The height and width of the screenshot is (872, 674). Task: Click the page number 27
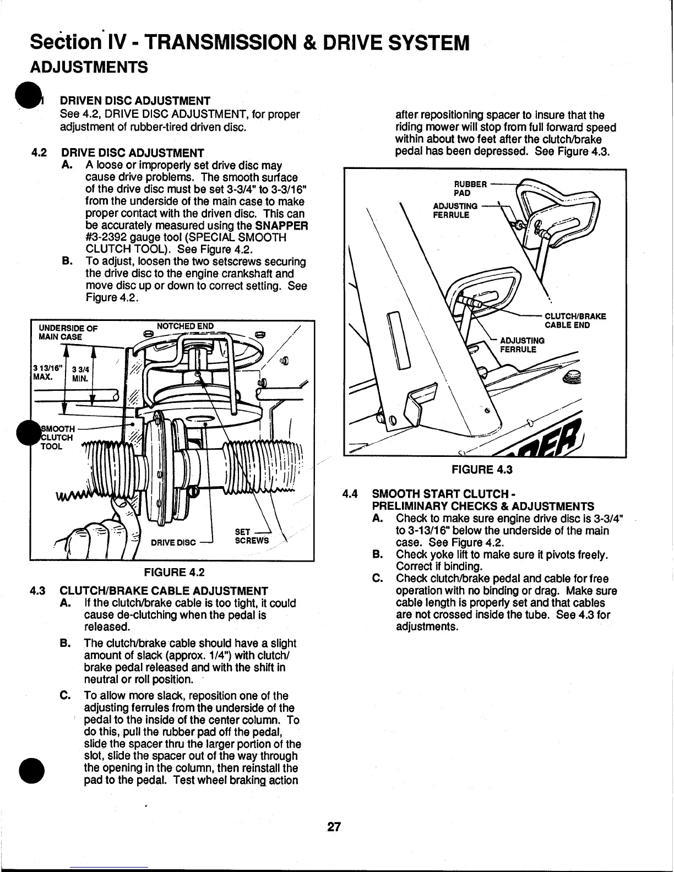(334, 827)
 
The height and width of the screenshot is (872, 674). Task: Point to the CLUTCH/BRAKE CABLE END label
(575, 320)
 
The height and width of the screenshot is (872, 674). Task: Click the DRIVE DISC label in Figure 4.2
(173, 542)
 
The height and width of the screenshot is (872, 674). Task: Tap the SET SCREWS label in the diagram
(251, 536)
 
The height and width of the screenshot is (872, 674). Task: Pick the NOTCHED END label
(185, 326)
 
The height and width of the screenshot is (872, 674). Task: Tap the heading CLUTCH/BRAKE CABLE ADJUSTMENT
(164, 591)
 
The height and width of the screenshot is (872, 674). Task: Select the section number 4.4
(351, 494)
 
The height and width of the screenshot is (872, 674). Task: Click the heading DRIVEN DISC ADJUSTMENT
(135, 101)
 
